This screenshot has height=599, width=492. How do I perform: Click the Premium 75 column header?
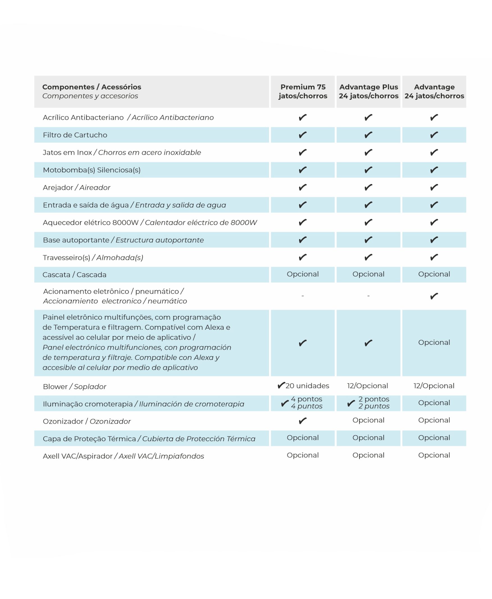(x=303, y=91)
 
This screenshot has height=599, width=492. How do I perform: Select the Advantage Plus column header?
(x=368, y=91)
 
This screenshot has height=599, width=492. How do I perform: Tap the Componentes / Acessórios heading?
(x=92, y=87)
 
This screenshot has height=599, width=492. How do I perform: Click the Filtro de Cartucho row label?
(x=75, y=135)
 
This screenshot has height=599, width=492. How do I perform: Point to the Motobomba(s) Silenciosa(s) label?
(x=92, y=170)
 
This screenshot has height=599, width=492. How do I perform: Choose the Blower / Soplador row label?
(x=74, y=387)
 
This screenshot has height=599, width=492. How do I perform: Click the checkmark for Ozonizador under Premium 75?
(x=303, y=421)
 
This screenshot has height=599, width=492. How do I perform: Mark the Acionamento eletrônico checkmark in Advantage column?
(x=434, y=296)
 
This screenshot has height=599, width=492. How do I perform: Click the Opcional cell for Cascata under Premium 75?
(x=303, y=274)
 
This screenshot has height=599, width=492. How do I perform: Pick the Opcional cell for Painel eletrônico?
(x=434, y=342)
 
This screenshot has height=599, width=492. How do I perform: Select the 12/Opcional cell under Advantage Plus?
(x=368, y=386)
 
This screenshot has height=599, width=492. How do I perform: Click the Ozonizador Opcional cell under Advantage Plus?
(x=368, y=420)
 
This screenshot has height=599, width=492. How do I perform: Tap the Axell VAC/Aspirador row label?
(x=123, y=456)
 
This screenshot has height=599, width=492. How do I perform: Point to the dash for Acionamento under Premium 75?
(x=303, y=296)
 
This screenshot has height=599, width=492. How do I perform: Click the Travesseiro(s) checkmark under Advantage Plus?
(x=368, y=257)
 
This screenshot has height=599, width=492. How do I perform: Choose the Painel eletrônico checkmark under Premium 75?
(x=303, y=343)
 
